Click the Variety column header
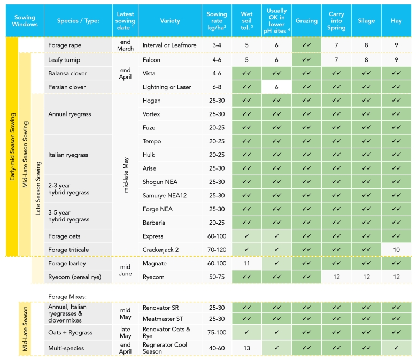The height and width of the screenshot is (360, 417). pos(170,21)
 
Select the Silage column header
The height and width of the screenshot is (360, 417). pos(366,21)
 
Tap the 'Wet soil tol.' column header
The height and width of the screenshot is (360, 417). pos(246,21)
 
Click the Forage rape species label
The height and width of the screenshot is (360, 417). pos(65,45)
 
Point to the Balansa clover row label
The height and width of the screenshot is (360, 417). pos(67,73)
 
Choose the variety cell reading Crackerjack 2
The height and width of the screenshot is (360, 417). pos(160,250)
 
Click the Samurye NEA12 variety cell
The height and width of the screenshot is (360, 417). pos(165,196)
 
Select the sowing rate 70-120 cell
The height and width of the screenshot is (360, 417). pos(217,250)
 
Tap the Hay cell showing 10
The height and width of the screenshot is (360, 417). pos(396,250)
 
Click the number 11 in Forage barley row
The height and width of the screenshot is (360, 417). pos(246,263)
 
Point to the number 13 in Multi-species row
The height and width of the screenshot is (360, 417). pos(246,348)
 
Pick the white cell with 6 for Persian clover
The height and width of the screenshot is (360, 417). pos(276,87)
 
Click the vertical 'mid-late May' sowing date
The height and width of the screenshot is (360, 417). pos(126,175)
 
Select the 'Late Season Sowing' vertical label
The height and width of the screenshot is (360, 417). pos(38,188)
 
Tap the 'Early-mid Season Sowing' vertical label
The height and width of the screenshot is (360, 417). pos(12,147)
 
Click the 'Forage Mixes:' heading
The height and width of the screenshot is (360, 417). pos(67,297)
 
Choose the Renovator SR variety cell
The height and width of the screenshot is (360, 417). pos(160,308)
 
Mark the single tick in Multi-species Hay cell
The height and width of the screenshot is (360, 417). pos(396,348)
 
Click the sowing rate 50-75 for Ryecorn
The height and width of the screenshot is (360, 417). pos(217,277)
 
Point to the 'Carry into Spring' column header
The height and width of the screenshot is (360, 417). pos(336,21)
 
